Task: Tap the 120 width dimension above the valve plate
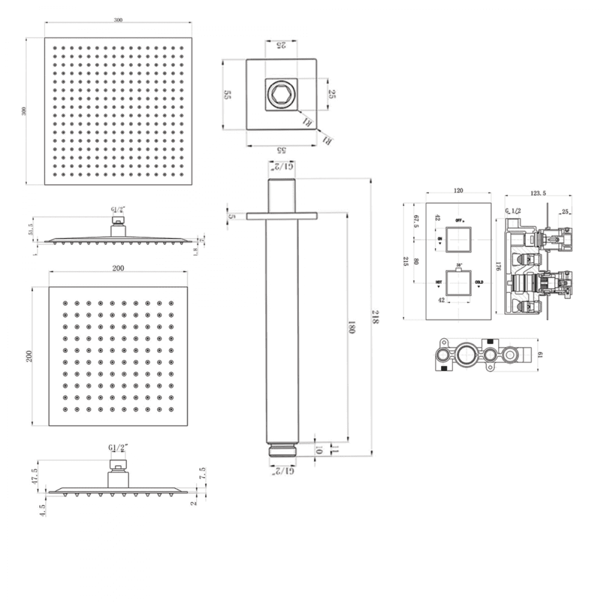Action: (458, 191)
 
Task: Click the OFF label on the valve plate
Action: (459, 220)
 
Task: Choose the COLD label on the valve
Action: (479, 282)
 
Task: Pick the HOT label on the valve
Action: (439, 282)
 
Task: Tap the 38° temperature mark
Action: (459, 265)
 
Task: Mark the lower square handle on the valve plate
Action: (459, 282)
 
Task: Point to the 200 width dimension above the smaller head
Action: (118, 268)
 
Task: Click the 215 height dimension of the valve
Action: (406, 262)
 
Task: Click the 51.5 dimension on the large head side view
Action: (31, 229)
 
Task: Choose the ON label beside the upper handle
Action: (439, 239)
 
